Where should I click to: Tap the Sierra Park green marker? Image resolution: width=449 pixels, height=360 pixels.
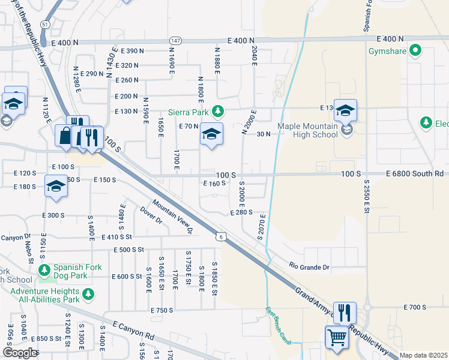pos(219,112)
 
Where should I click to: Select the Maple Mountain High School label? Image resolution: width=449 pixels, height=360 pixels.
pos(307,130)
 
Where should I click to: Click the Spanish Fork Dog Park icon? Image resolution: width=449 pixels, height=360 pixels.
pos(43,271)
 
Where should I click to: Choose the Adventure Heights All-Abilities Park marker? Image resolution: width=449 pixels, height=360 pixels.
pos(88,294)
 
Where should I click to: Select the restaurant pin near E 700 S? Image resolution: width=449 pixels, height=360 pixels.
pos(345,313)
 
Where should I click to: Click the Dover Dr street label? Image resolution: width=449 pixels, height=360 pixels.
pos(151,216)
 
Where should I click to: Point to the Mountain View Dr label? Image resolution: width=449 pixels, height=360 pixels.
pos(172,216)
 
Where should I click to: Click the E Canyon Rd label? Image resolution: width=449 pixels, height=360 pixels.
pos(129,330)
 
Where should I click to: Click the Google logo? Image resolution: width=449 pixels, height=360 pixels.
pos(20,353)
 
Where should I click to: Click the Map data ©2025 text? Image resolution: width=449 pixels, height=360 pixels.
pos(423,355)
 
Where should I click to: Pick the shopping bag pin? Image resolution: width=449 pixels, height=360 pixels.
pos(64,136)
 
